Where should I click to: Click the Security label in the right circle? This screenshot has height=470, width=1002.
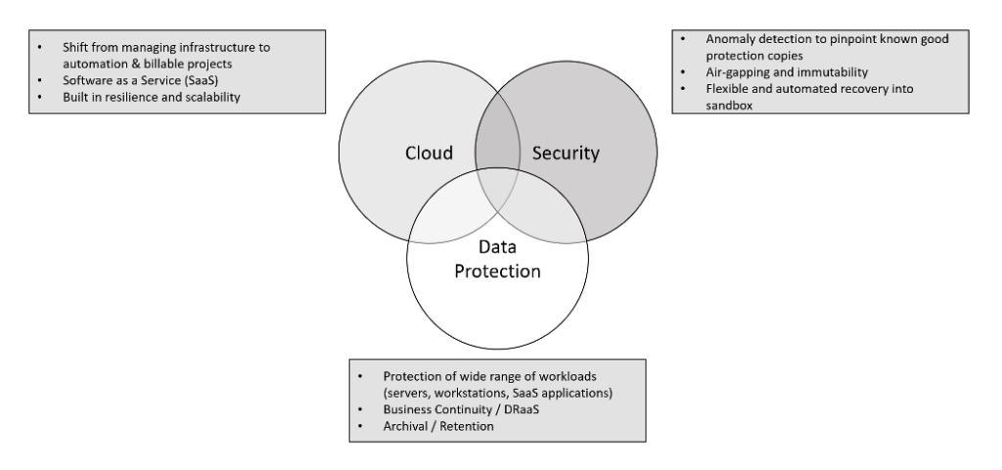click(x=565, y=153)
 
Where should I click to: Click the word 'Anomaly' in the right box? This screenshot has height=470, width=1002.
click(x=728, y=39)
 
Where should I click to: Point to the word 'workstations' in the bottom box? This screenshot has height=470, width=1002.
click(x=477, y=392)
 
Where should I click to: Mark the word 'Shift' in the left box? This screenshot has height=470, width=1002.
click(x=73, y=45)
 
